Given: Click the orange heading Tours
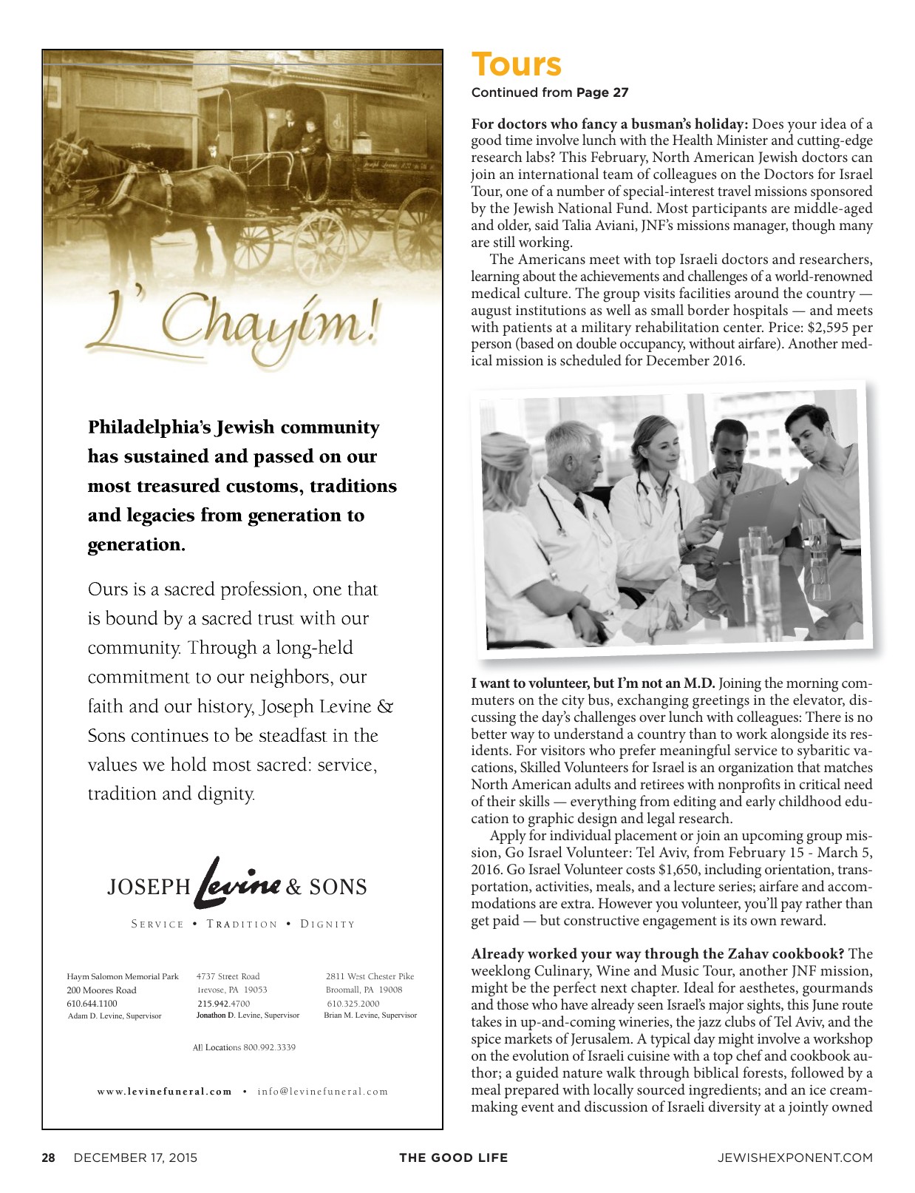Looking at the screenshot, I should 516,64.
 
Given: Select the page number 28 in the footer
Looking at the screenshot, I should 48,1157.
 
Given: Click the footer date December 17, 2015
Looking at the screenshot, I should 135,1157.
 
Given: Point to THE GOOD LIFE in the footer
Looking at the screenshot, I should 453,1157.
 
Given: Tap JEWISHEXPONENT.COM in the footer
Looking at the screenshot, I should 795,1157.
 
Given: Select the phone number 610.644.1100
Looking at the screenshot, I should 92,1004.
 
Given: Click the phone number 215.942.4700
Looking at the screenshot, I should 223,1004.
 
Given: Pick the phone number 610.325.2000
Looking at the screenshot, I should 353,1004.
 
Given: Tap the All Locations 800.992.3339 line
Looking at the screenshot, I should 244,1047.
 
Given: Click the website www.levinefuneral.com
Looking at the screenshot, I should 165,1091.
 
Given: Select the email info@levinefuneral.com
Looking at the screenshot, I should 322,1091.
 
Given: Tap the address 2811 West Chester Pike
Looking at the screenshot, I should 370,976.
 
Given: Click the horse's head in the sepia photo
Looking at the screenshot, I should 67,155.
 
